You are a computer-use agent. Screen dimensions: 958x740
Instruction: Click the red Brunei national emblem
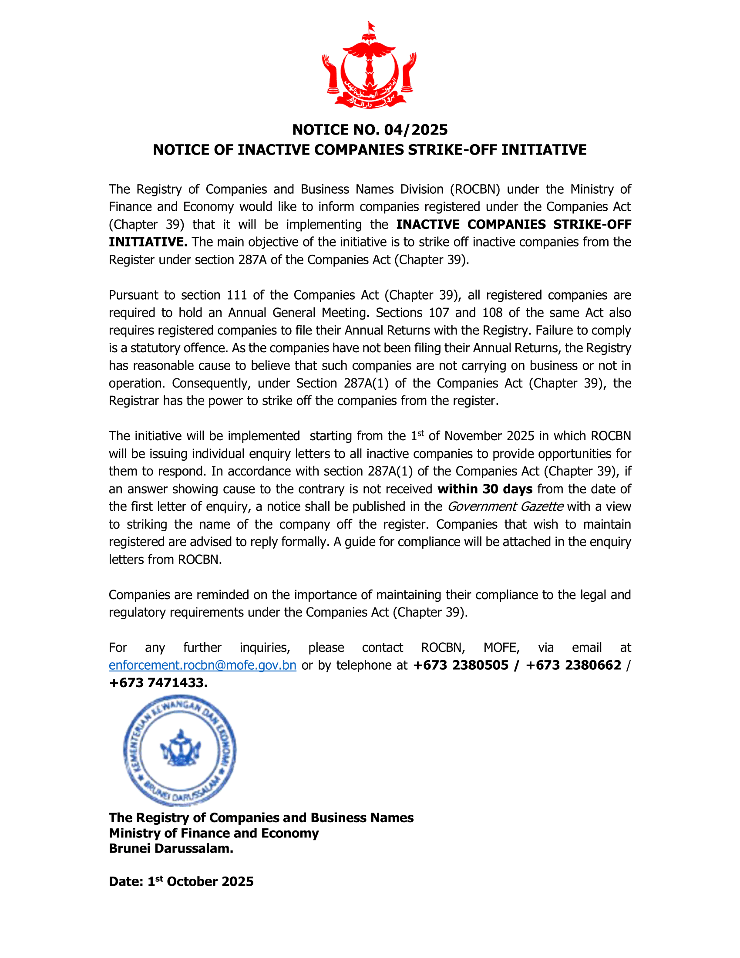(369, 66)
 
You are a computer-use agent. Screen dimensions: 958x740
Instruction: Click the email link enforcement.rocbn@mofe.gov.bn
(202, 665)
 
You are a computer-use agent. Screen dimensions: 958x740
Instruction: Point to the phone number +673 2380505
(460, 665)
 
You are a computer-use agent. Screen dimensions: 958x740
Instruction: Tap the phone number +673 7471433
(158, 682)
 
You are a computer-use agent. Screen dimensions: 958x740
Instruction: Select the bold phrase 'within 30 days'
(485, 489)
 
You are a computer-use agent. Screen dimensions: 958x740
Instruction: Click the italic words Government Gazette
(505, 506)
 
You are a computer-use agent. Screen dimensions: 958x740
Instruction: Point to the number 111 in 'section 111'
(237, 295)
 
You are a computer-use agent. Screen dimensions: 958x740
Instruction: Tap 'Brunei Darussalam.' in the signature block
(171, 848)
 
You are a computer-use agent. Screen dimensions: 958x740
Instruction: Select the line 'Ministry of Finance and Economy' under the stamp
(214, 833)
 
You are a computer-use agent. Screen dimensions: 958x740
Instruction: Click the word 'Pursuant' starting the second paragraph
(133, 295)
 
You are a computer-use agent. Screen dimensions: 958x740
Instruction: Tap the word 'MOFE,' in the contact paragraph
(501, 648)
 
